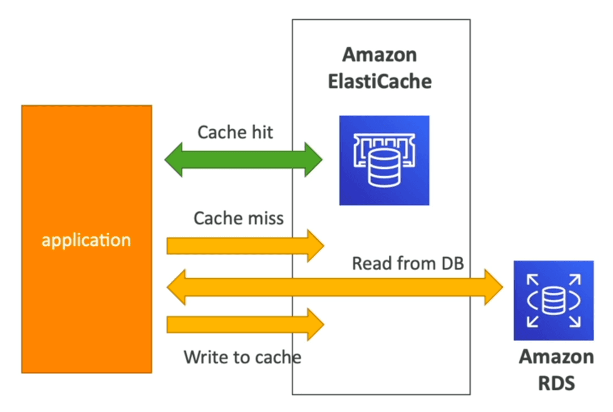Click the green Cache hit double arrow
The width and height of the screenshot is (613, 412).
[x=243, y=160]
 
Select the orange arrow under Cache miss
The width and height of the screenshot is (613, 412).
[x=246, y=245]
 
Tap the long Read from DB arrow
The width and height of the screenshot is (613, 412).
[x=335, y=287]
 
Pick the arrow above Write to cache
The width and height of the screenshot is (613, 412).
[x=246, y=324]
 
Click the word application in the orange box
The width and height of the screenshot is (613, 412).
[x=86, y=240]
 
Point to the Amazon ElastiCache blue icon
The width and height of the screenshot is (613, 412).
[x=384, y=160]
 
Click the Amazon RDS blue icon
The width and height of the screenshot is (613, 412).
[x=553, y=300]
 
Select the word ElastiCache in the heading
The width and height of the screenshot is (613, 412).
[x=380, y=82]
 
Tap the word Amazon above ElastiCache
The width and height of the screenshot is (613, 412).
[x=380, y=54]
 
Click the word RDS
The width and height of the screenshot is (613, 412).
[x=557, y=384]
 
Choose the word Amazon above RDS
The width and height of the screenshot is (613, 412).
[x=557, y=357]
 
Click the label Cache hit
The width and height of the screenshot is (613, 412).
[x=236, y=132]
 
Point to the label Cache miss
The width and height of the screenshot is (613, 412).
[x=238, y=218]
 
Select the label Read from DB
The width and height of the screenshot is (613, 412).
[x=408, y=263]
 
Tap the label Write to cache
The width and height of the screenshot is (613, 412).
[x=243, y=357]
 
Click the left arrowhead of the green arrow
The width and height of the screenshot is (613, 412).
[x=173, y=160]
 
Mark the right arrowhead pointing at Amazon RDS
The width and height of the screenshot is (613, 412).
[x=494, y=287]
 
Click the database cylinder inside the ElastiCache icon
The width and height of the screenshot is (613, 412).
[x=384, y=168]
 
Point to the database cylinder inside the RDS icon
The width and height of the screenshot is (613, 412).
[x=553, y=300]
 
